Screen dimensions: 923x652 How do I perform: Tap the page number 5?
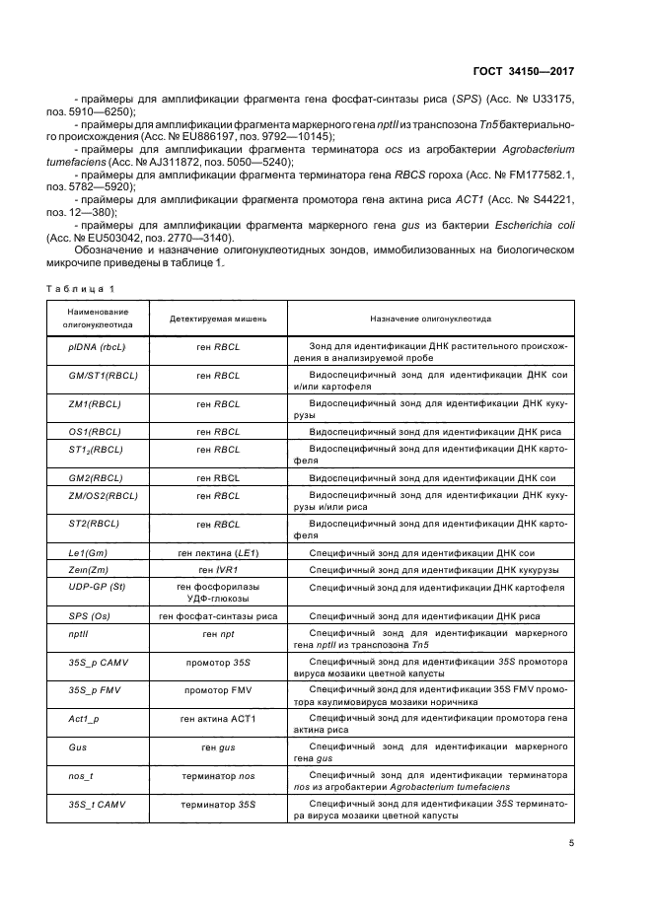pos(572,843)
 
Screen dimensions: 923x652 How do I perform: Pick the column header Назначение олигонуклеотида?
pos(431,319)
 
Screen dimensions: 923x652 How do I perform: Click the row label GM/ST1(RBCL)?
pos(95,378)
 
